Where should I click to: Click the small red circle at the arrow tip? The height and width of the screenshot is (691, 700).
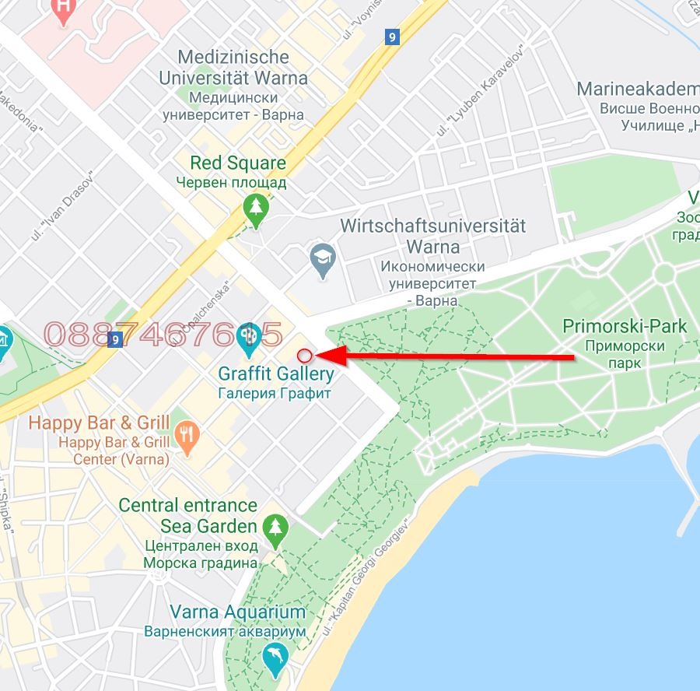click(x=305, y=356)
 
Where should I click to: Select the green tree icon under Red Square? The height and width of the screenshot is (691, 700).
click(x=255, y=208)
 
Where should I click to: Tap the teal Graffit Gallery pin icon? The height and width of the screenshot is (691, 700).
click(x=248, y=337)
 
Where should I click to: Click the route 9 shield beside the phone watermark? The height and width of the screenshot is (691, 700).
click(x=116, y=339)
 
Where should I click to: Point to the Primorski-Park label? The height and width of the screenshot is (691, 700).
click(x=625, y=326)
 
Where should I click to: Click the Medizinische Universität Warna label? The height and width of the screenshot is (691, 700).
click(x=233, y=68)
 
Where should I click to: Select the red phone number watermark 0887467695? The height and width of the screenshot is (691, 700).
click(x=163, y=335)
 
